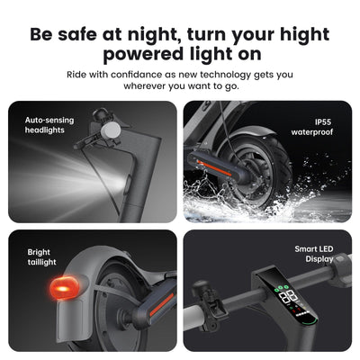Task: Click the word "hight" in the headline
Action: [x=304, y=35]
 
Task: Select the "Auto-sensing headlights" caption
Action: [x=49, y=125]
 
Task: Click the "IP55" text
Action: [x=323, y=122]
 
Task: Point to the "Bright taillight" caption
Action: [x=41, y=257]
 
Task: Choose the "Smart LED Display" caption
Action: [x=314, y=254]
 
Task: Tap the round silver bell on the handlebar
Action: [x=111, y=130]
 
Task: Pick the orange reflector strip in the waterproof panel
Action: [x=214, y=168]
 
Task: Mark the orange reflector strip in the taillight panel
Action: [x=161, y=304]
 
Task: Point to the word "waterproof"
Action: [x=312, y=132]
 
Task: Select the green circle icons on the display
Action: [x=281, y=287]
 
